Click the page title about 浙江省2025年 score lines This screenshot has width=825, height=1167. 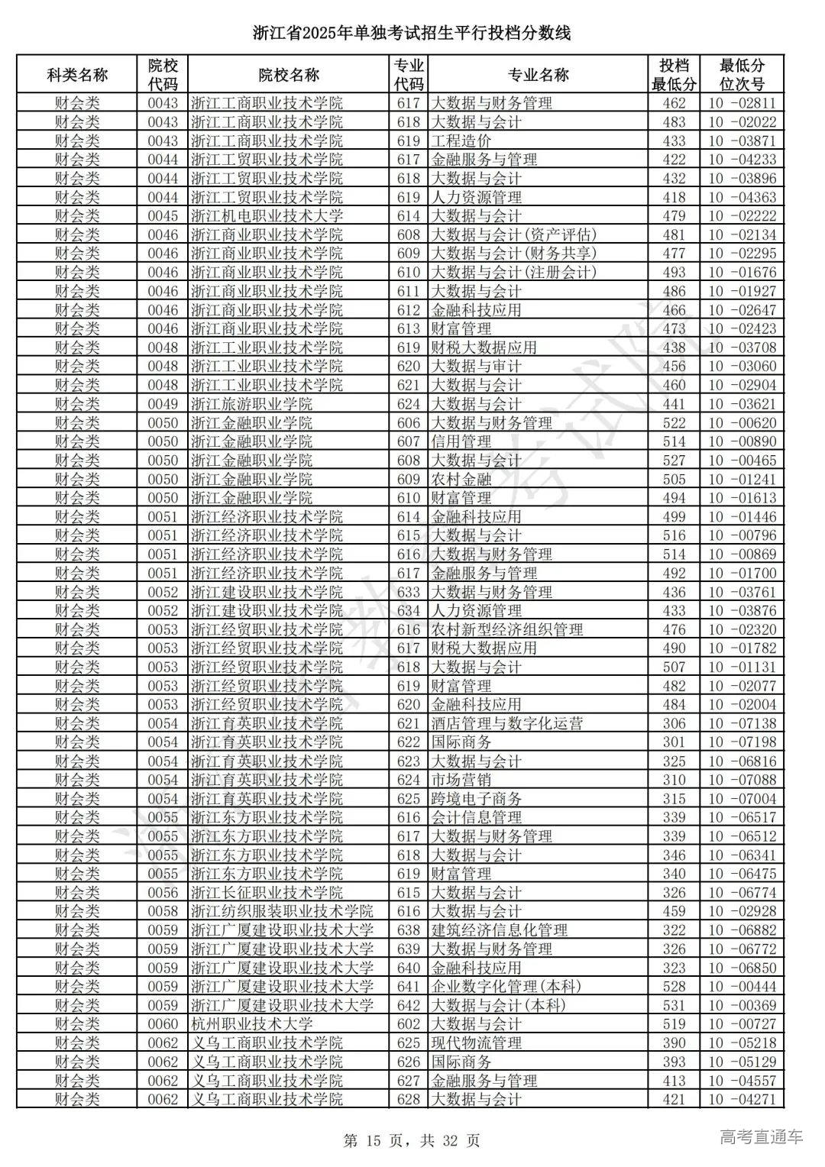coord(412,33)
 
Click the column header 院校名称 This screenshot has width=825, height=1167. coord(288,75)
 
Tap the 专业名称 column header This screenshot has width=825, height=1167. coord(538,75)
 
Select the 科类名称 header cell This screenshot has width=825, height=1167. coord(77,75)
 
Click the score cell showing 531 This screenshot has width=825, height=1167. coord(674,1006)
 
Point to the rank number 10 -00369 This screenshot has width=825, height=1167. coord(742,1006)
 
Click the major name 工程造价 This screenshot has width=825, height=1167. coord(461,141)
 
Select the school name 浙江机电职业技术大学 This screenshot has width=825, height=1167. coord(267,216)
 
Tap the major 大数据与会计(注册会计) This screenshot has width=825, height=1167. coord(513,273)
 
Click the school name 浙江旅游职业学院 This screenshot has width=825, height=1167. coord(251,404)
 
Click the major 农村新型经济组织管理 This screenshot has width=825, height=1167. coord(507,630)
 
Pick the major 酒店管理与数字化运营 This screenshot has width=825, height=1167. coord(507,724)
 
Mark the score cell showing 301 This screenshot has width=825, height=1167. coord(674,742)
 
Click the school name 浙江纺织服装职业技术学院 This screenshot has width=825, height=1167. coord(282,912)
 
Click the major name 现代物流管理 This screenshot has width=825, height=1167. coord(477,1043)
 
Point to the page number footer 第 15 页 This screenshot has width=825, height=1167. coord(412,1141)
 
